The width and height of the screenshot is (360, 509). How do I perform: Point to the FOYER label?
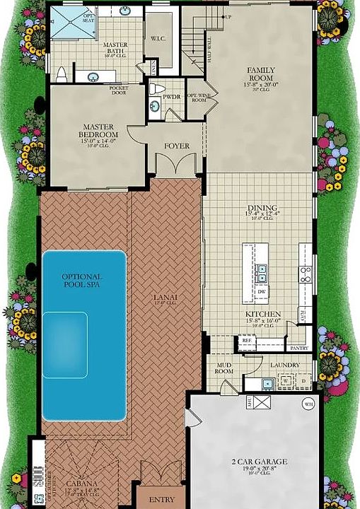177,146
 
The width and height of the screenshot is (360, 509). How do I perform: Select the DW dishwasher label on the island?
261,291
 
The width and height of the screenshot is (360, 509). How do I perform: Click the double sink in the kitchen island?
261,269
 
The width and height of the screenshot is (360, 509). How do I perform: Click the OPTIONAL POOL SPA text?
81,281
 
